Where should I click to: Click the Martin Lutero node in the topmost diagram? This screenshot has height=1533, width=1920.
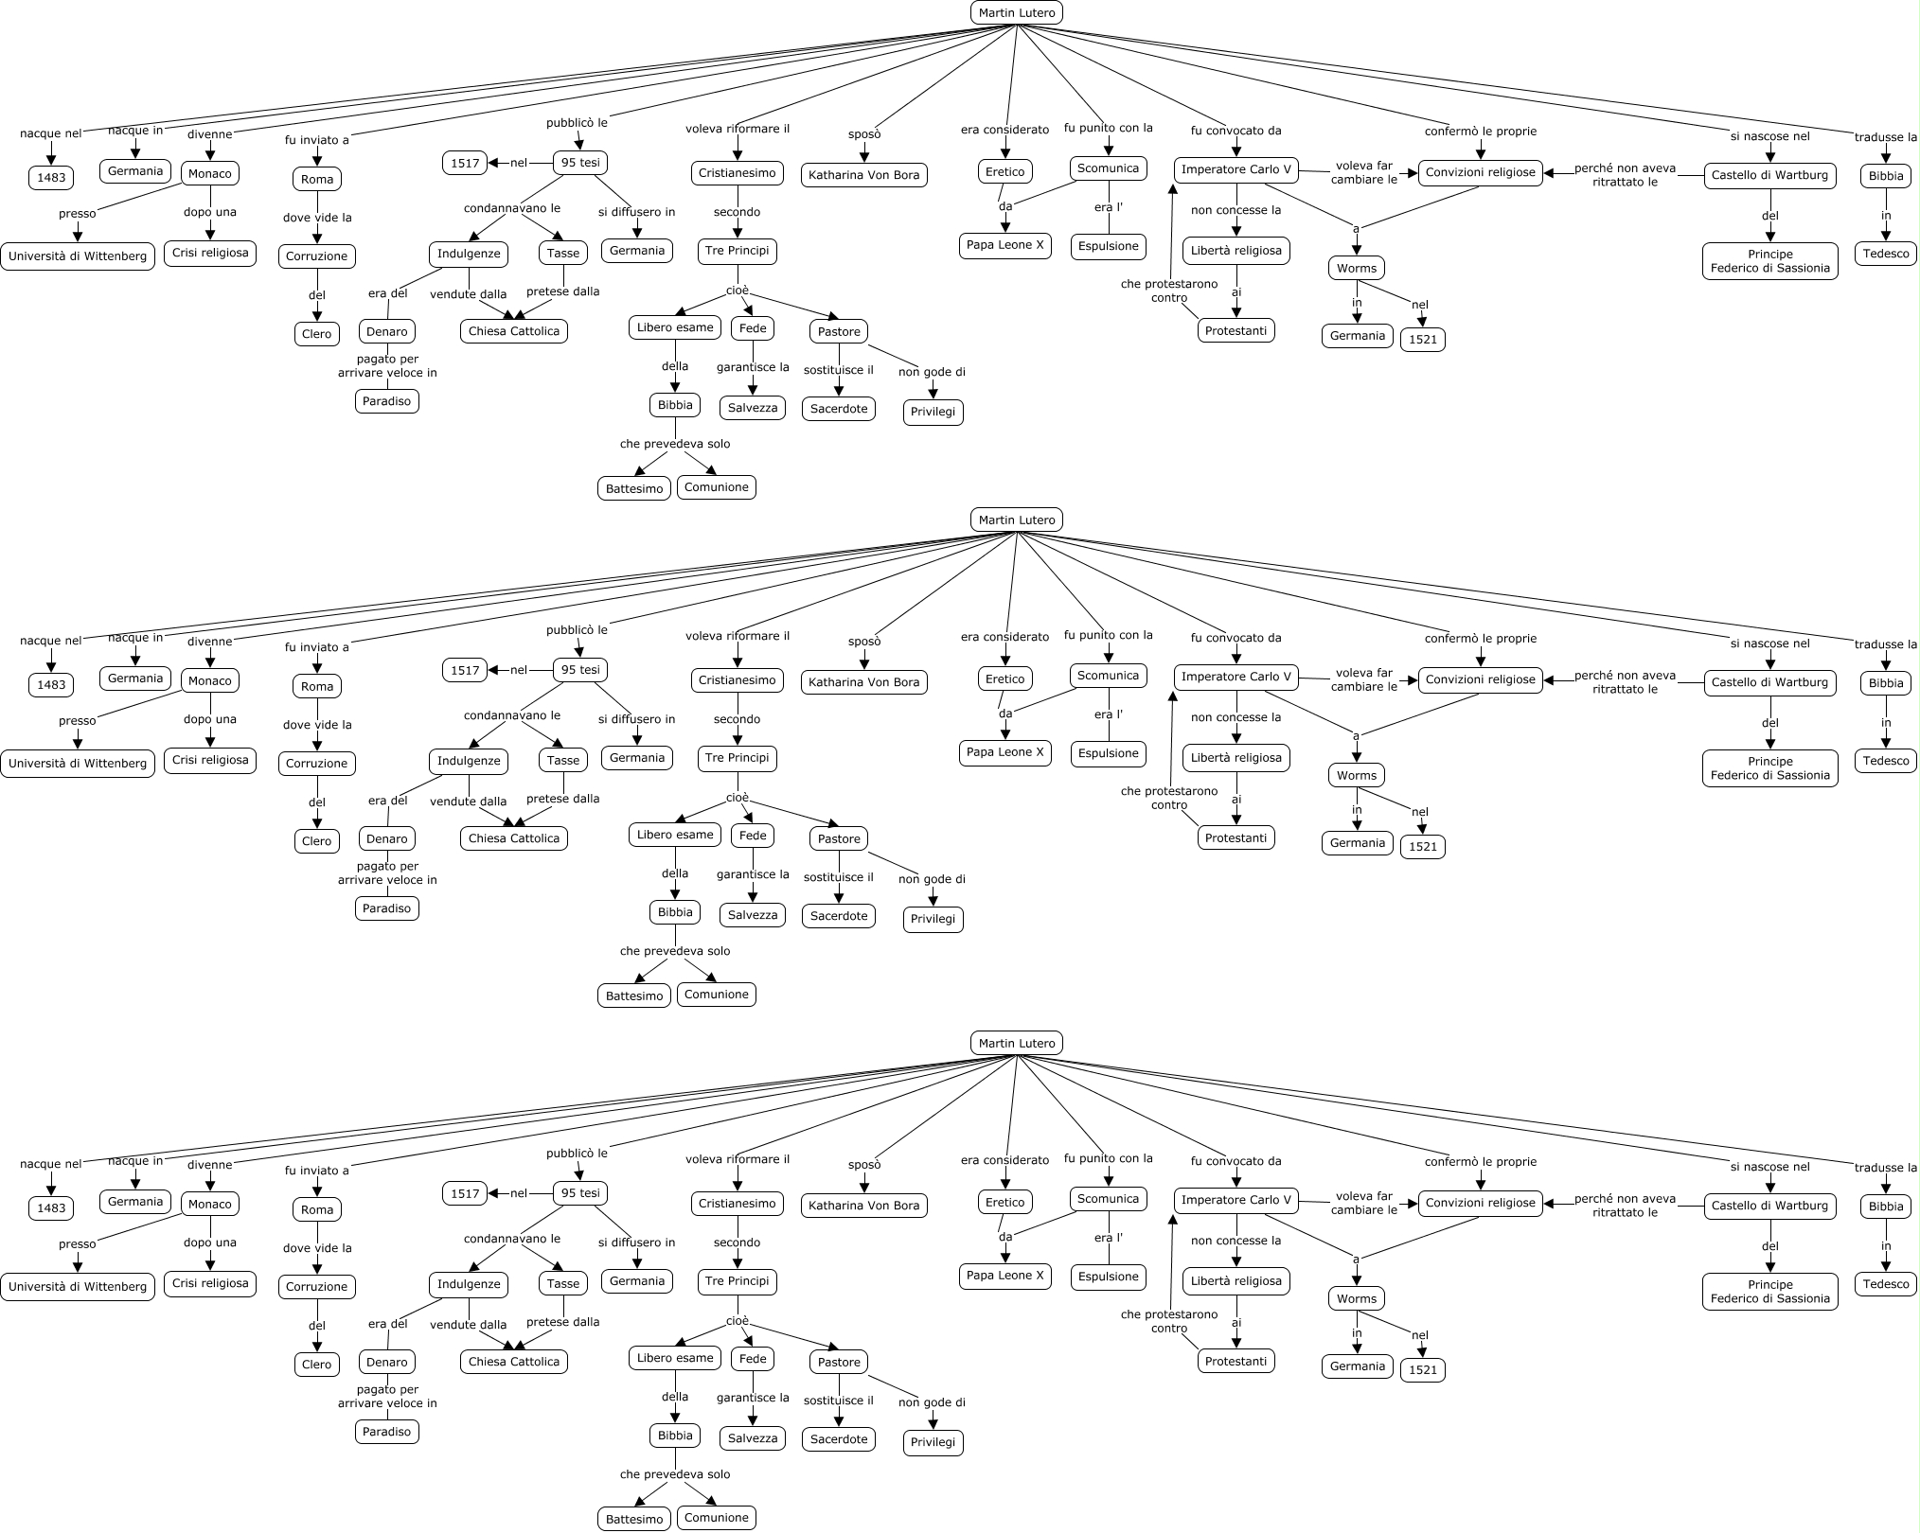click(1016, 12)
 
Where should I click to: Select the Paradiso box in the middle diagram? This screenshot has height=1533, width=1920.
click(386, 908)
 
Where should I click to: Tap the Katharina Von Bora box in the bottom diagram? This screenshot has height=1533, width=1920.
click(863, 1206)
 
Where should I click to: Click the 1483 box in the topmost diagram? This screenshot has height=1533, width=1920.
click(51, 177)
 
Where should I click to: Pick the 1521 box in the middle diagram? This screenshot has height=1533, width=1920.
click(1423, 847)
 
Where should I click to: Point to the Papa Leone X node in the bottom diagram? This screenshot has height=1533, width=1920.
click(1004, 1276)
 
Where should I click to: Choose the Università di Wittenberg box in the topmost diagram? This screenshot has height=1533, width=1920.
click(78, 256)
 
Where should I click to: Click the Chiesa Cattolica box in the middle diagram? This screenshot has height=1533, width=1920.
click(514, 838)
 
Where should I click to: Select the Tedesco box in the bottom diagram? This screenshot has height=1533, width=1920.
click(1886, 1284)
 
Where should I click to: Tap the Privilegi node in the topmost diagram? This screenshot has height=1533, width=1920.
click(933, 413)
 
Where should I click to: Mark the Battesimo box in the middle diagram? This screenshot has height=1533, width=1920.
click(634, 996)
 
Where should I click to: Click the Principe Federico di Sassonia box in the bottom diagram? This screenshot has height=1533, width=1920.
click(1769, 1292)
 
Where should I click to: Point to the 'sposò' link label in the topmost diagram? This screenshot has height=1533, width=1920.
click(864, 134)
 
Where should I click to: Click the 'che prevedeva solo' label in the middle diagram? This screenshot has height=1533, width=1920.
click(675, 951)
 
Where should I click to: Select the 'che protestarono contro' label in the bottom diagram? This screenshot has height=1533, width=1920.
click(1169, 1321)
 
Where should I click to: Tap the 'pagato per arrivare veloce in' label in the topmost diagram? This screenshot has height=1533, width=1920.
click(387, 366)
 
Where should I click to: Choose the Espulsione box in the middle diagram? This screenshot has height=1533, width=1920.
click(1109, 753)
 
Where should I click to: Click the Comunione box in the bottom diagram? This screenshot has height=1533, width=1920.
click(716, 1518)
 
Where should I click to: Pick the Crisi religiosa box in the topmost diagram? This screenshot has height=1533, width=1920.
click(210, 253)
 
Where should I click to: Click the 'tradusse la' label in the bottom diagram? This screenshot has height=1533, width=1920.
click(1886, 1168)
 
